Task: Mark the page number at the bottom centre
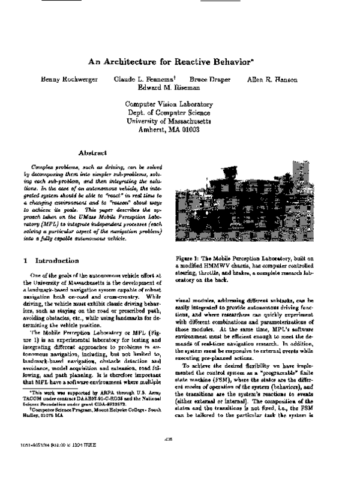click(169, 456)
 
